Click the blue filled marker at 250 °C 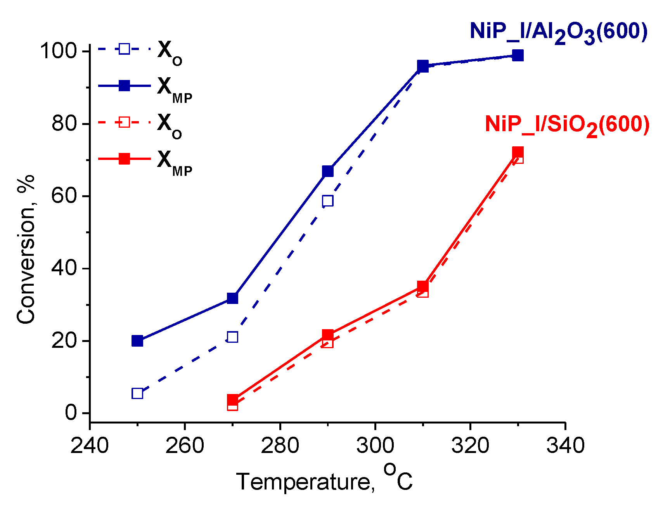point(137,341)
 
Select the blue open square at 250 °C point(137,393)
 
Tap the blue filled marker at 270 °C point(232,298)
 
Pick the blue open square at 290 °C point(328,201)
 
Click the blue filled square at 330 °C point(518,55)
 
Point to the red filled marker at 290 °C point(328,335)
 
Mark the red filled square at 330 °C point(518,152)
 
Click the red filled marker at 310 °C point(423,286)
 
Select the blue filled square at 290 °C point(328,171)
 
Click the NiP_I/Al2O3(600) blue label point(559,32)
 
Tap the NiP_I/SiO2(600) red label point(567,125)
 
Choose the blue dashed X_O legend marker point(124,49)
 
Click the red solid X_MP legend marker point(124,159)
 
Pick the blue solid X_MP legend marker point(124,85)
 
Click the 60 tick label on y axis point(64,196)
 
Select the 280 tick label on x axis point(280,446)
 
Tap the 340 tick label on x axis point(565,446)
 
